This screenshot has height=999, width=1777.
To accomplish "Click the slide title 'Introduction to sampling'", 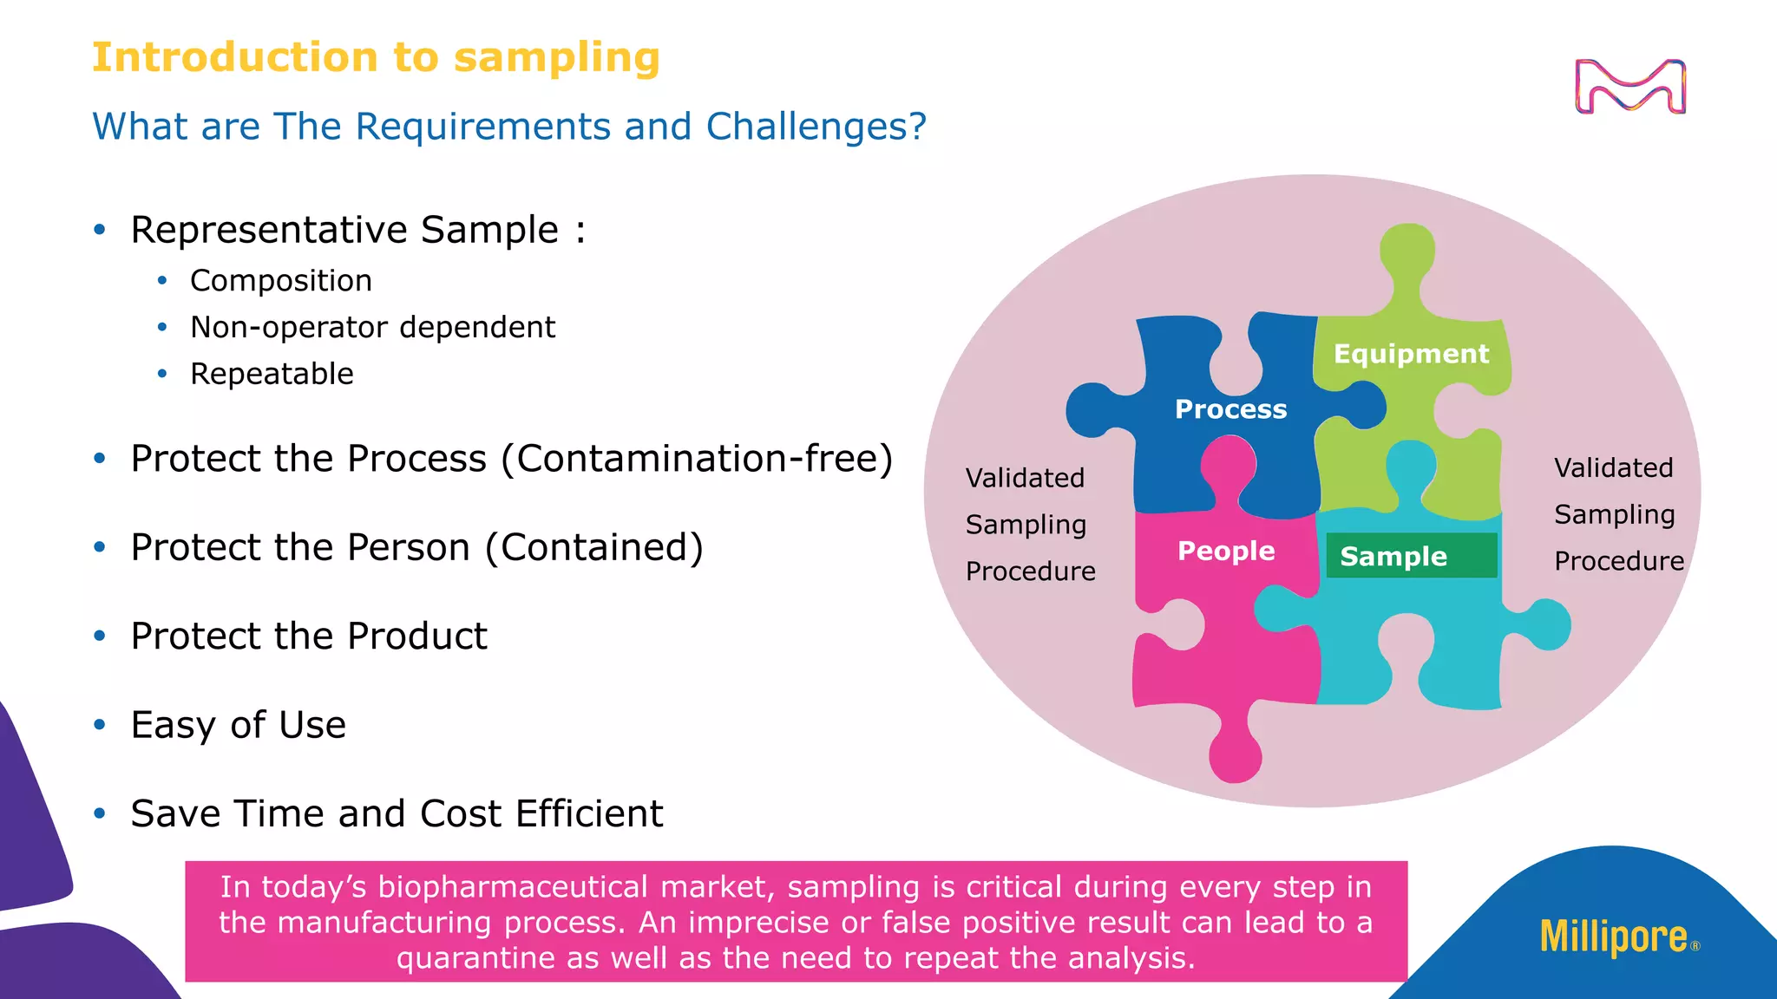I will (376, 58).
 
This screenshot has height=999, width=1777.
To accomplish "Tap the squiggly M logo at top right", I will (1629, 87).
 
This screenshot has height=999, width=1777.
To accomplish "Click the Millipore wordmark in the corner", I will (1614, 937).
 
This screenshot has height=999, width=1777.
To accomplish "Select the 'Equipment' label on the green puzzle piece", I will (1411, 354).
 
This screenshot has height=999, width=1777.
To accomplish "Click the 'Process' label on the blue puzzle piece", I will (1230, 409).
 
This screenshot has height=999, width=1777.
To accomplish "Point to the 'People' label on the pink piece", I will (1226, 551).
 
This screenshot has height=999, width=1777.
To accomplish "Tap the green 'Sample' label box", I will (1411, 556).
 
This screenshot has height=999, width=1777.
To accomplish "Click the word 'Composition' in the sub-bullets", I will (281, 281).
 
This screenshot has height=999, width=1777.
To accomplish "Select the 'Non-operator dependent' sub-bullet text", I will (372, 328).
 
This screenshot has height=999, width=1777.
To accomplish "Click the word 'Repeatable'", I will (272, 374).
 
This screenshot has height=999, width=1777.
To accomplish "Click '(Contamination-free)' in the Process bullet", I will (697, 459).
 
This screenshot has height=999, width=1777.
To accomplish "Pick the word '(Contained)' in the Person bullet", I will (594, 548).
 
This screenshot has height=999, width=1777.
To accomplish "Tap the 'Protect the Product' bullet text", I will (309, 637).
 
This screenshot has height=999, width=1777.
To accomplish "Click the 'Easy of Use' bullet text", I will (238, 725).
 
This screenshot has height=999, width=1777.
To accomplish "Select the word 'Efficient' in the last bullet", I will (589, 814).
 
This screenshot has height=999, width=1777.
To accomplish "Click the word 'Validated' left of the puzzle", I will (1025, 478).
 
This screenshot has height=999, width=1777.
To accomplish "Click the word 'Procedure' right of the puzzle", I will (1618, 561).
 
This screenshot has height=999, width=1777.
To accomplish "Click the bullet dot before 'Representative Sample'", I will (100, 230).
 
